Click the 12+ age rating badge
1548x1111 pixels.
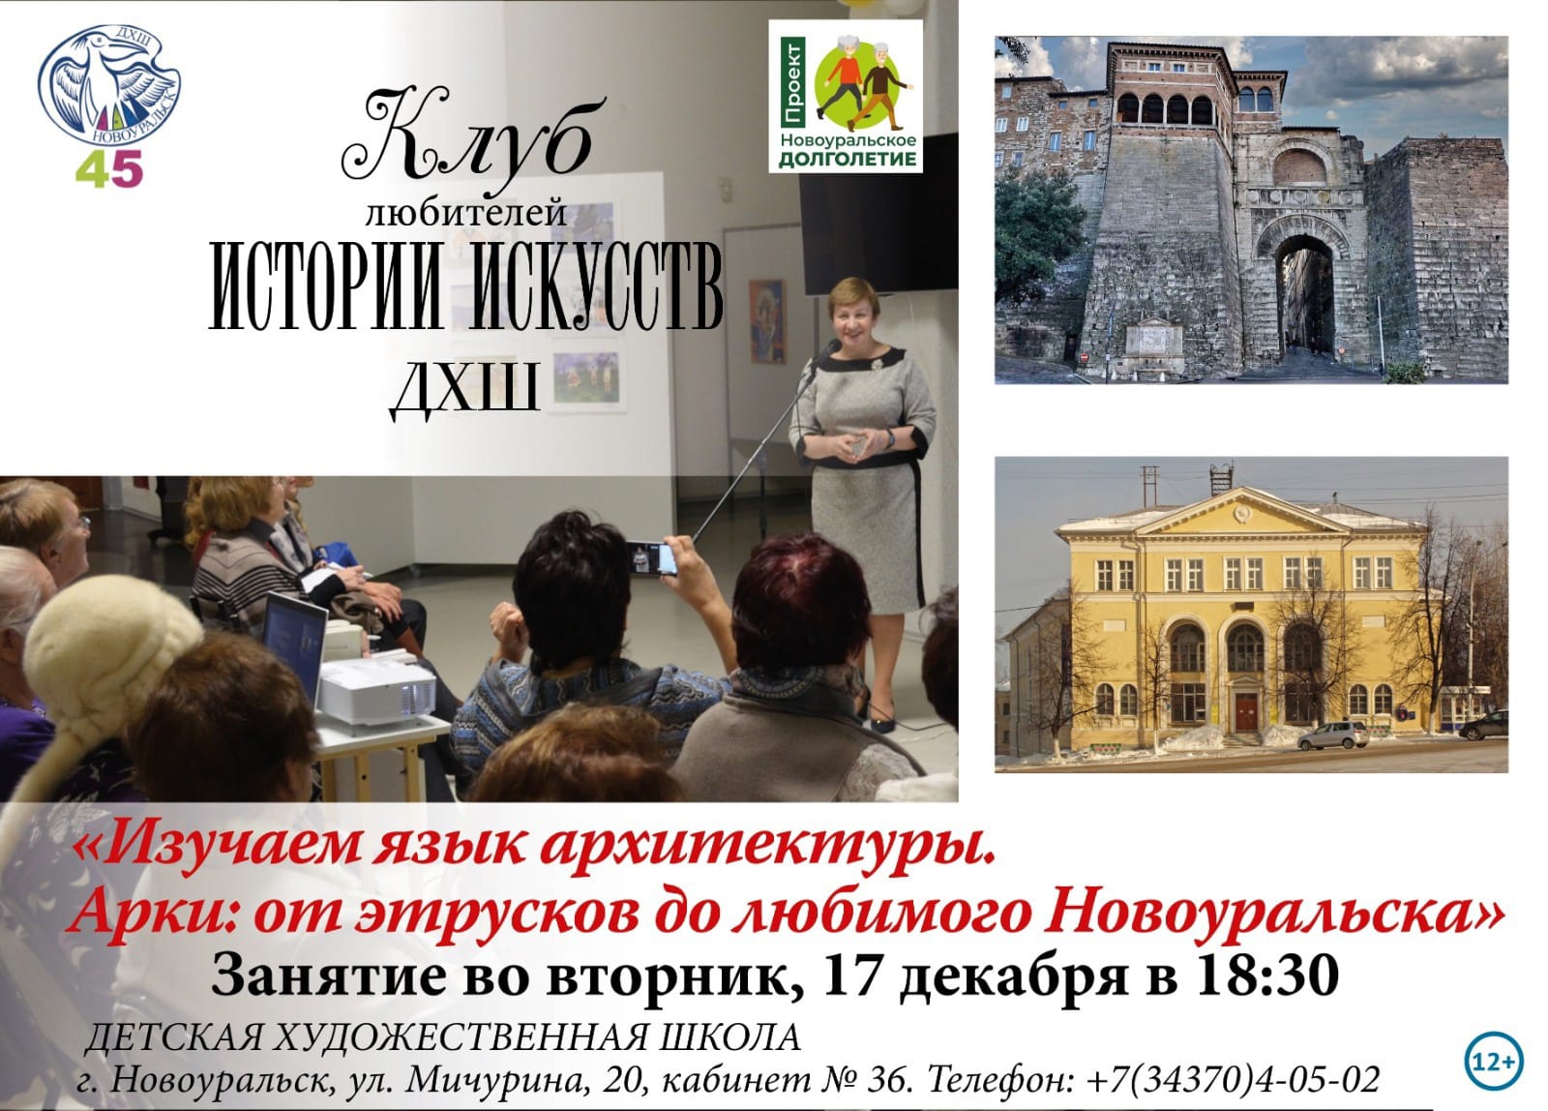pyautogui.click(x=1494, y=1062)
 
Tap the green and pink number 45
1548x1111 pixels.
pyautogui.click(x=108, y=168)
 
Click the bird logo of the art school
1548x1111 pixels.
pyautogui.click(x=108, y=84)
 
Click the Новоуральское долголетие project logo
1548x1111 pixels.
pyautogui.click(x=846, y=96)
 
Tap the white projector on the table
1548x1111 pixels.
pyautogui.click(x=376, y=690)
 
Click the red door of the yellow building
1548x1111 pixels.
pyautogui.click(x=1246, y=713)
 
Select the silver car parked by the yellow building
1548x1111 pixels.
pyautogui.click(x=1331, y=736)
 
